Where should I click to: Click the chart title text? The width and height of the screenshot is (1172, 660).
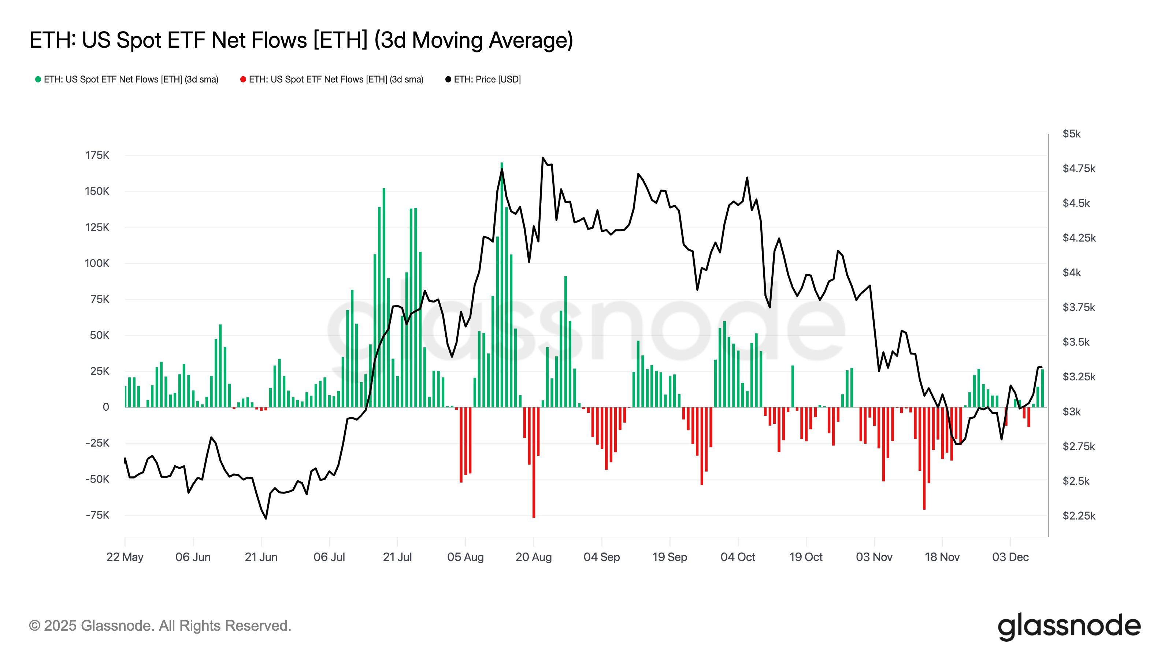coord(301,40)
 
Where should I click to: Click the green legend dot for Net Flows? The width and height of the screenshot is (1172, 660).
coord(38,79)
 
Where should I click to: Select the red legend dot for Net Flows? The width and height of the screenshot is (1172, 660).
coord(243,79)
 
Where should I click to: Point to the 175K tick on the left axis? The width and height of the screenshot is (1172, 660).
coord(97,155)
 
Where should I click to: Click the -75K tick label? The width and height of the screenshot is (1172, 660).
coord(97,515)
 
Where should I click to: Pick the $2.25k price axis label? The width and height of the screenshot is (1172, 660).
coord(1078,516)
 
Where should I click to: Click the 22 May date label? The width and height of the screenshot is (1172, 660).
coord(125,557)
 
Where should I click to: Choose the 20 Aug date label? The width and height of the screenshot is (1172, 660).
coord(533,557)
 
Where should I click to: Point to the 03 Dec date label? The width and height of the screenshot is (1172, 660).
coord(1010,557)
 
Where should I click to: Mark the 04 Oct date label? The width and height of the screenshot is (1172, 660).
coord(738,557)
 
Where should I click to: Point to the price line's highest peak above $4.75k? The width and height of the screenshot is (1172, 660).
coord(543,158)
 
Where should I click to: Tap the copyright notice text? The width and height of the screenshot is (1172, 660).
coord(160,626)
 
